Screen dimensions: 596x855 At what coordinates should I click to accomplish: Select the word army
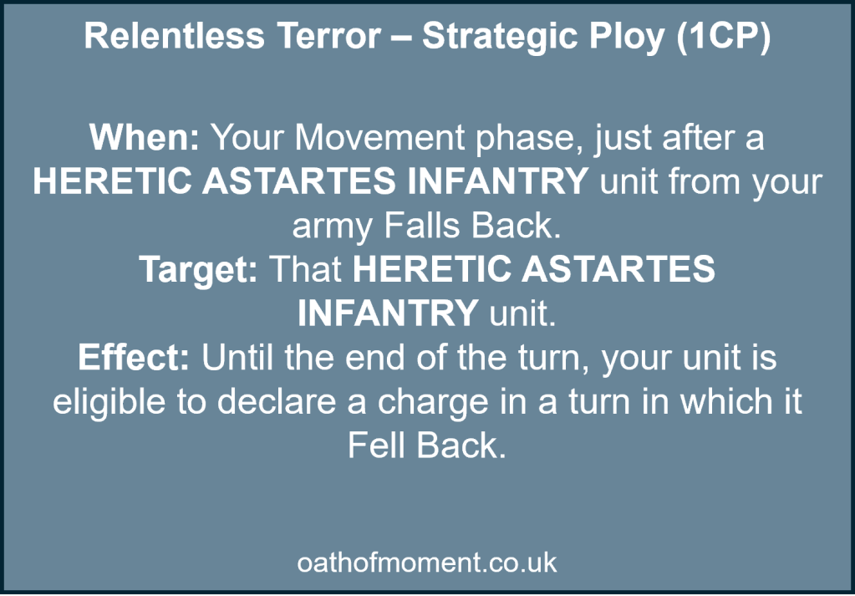pyautogui.click(x=328, y=226)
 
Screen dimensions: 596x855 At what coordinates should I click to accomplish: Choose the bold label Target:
pyautogui.click(x=198, y=270)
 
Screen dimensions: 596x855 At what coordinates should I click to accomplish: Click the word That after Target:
pyautogui.click(x=304, y=270)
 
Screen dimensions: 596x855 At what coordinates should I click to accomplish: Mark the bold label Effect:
pyautogui.click(x=135, y=358)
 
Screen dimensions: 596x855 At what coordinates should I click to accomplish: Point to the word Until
pyautogui.click(x=239, y=358)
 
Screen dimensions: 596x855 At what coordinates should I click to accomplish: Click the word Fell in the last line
pyautogui.click(x=376, y=446)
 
